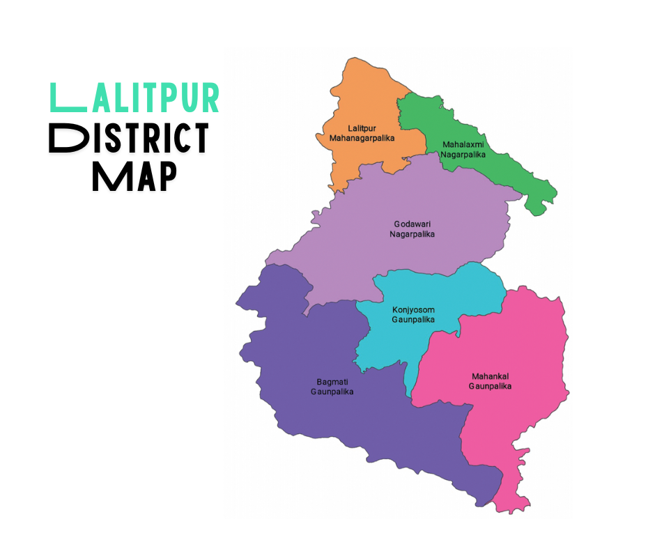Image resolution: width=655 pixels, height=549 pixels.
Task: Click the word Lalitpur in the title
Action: click(135, 98)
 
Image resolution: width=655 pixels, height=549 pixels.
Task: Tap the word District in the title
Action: click(129, 139)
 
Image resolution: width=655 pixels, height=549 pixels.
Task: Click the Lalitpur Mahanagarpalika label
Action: click(362, 133)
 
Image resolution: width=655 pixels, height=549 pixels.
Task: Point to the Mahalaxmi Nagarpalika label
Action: click(463, 149)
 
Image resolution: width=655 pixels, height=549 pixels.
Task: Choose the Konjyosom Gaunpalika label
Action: click(413, 314)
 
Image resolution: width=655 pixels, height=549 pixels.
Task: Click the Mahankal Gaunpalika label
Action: click(490, 380)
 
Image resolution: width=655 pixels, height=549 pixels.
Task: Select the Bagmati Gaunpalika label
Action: click(332, 387)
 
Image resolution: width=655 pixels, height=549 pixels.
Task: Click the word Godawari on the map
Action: click(412, 224)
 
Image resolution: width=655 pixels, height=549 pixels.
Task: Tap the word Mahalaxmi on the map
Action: click(463, 145)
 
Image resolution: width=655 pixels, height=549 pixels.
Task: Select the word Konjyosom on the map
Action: click(413, 309)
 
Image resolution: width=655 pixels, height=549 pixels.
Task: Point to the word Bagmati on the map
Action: click(332, 382)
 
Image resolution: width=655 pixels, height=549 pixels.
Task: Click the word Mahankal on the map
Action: click(490, 376)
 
